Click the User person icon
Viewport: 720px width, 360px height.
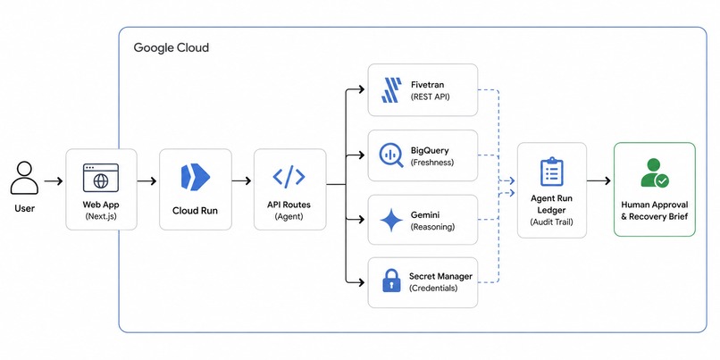pos(24,177)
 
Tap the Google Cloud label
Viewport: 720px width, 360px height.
pos(172,47)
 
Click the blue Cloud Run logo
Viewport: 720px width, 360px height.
pos(195,176)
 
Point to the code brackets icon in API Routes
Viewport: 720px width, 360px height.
pos(289,177)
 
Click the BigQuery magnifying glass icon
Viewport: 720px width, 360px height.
pos(391,155)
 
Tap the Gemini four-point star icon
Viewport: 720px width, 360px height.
pos(391,220)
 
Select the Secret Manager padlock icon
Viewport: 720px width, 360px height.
pos(391,280)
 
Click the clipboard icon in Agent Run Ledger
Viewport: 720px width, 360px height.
pos(551,172)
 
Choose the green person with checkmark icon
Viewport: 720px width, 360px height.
pos(655,173)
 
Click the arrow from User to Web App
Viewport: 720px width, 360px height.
pos(54,181)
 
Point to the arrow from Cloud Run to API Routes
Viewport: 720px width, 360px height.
pos(241,181)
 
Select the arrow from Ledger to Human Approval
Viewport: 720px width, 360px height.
pos(599,181)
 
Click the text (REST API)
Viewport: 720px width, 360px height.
pos(430,96)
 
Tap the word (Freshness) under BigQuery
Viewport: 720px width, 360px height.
pos(432,162)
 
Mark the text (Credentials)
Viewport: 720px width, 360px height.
pos(433,289)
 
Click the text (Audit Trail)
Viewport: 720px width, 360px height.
pos(551,222)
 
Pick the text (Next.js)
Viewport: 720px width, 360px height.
pos(101,216)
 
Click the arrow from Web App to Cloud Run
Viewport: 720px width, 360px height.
pos(147,181)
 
